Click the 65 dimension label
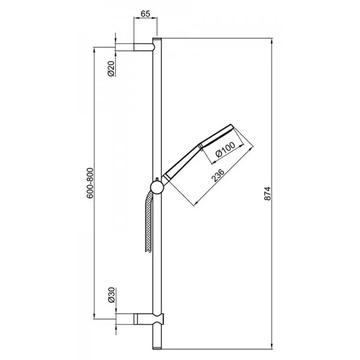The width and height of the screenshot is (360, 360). click(x=145, y=14)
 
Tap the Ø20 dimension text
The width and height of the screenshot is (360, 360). click(x=111, y=68)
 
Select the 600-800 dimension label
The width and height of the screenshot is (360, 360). click(x=90, y=183)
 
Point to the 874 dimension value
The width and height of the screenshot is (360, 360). click(x=268, y=194)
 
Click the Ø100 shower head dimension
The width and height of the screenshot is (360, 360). click(x=226, y=149)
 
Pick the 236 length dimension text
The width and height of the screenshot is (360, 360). click(x=218, y=175)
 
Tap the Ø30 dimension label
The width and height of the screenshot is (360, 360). click(x=111, y=295)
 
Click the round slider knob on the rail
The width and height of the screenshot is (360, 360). click(x=157, y=187)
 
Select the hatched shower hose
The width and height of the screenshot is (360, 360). click(x=149, y=222)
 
